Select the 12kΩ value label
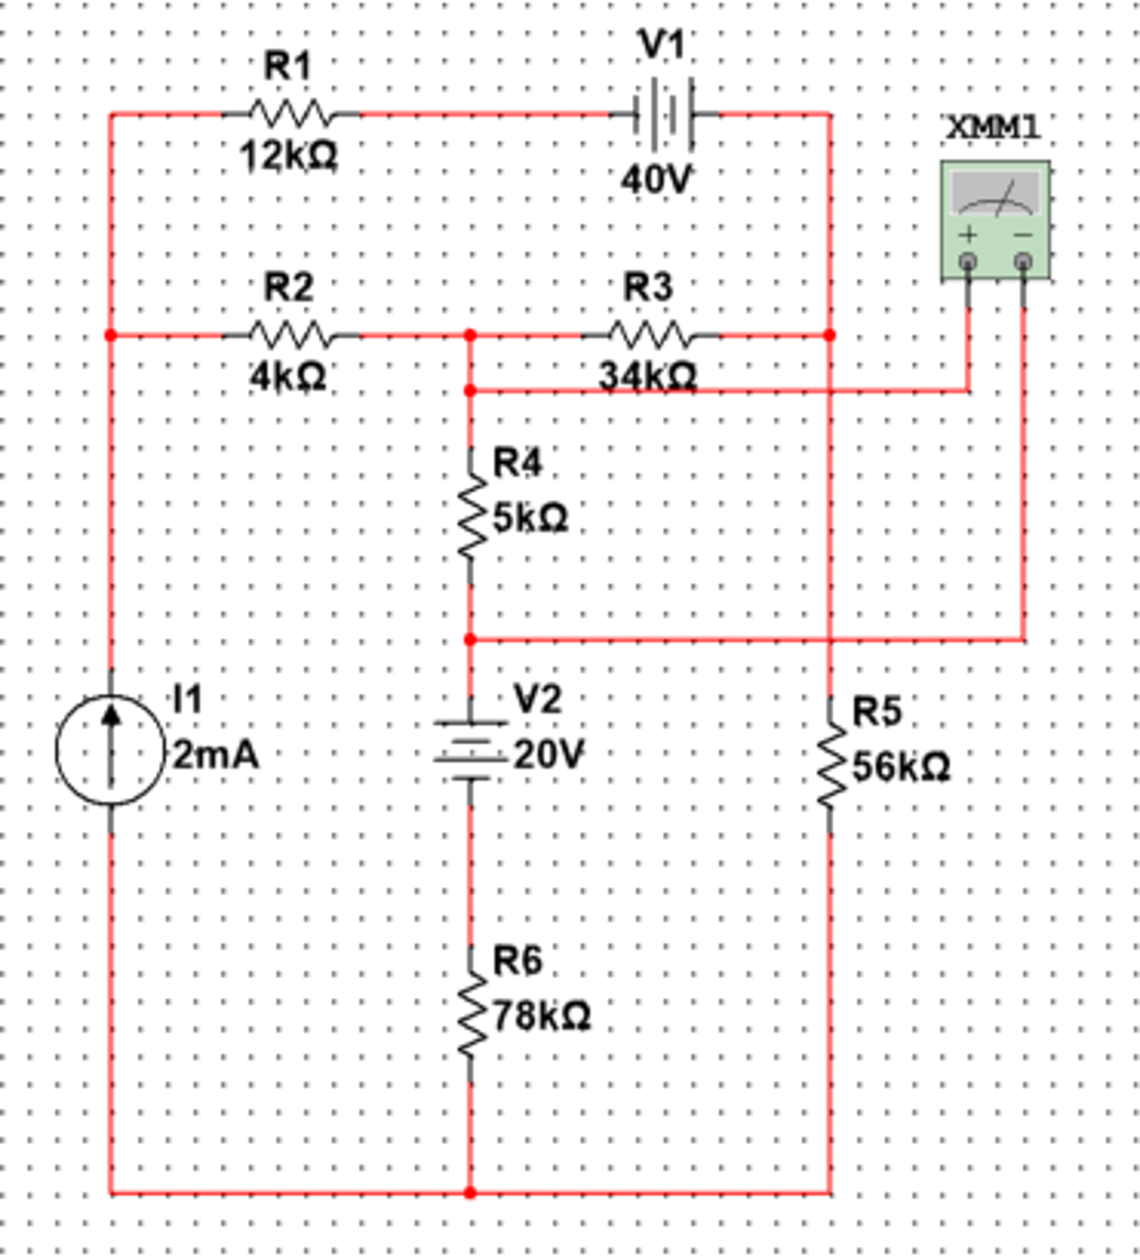click(289, 156)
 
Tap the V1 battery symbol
click(664, 115)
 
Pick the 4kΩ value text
click(288, 378)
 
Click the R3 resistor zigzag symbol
click(650, 336)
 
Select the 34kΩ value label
click(647, 378)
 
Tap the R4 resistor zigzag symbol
click(471, 515)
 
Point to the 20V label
click(549, 755)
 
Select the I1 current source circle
click(111, 750)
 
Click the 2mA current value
click(215, 755)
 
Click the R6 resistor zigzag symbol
click(471, 1014)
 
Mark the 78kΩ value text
click(541, 1016)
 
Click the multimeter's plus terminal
click(968, 261)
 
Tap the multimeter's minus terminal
click(1023, 261)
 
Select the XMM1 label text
click(994, 128)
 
